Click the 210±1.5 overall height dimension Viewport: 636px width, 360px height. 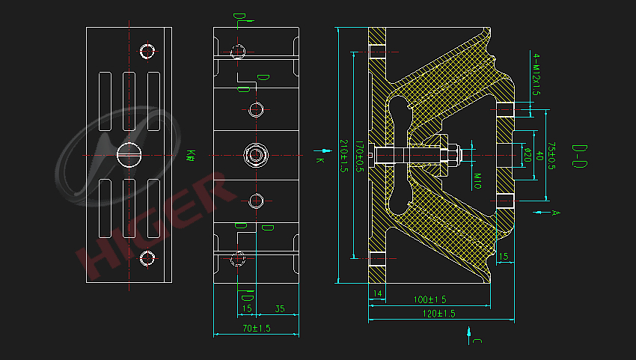pyautogui.click(x=344, y=156)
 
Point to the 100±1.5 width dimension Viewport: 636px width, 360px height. pyautogui.click(x=429, y=299)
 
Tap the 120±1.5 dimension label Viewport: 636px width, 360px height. pyautogui.click(x=440, y=314)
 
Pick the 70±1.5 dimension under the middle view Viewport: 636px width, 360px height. pyautogui.click(x=256, y=328)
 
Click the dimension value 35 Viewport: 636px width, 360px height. pyautogui.click(x=279, y=308)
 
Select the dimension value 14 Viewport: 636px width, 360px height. pyautogui.click(x=377, y=293)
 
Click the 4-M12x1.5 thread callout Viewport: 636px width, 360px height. pyautogui.click(x=536, y=75)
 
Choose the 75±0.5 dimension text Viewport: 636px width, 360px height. pyautogui.click(x=551, y=156)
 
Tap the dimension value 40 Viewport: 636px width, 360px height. pyautogui.click(x=539, y=156)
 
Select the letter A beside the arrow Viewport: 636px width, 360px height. pyautogui.click(x=555, y=213)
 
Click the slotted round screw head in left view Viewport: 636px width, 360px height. pyautogui.click(x=129, y=155)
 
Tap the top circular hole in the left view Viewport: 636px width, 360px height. pyautogui.click(x=147, y=52)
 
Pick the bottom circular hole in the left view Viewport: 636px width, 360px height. pyautogui.click(x=147, y=259)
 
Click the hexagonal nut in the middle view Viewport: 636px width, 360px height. pyautogui.click(x=257, y=156)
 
